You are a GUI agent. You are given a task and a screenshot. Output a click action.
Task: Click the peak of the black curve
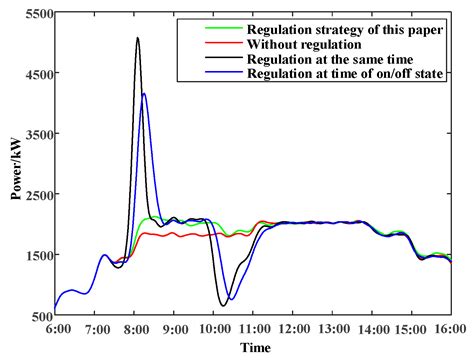tap(137, 38)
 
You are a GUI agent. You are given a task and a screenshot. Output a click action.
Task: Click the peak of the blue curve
tap(145, 94)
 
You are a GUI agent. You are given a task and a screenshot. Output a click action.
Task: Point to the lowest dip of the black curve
tap(222, 305)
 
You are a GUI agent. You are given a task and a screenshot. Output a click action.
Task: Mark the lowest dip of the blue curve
tap(231, 299)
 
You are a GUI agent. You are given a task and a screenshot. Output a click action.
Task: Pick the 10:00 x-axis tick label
tap(213, 328)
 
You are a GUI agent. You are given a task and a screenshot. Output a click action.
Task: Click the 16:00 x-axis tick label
tap(449, 328)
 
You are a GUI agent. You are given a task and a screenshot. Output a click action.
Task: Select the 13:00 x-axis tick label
tap(331, 328)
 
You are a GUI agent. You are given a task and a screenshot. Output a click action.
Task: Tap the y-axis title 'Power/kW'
tap(13, 165)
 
